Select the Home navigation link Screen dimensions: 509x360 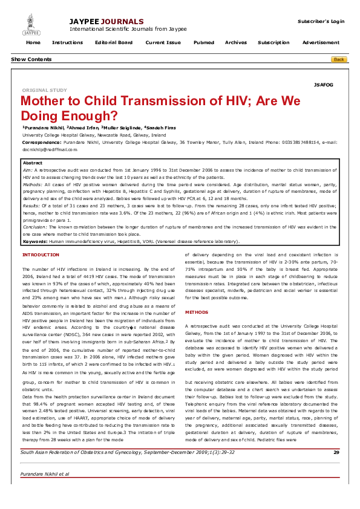33,43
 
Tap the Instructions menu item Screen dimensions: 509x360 67,43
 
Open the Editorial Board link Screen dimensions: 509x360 114,43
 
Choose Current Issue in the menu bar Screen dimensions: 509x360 163,43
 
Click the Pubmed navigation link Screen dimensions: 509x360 203,43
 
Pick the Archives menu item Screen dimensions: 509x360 235,43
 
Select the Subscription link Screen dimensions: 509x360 273,43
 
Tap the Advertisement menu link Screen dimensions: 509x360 321,43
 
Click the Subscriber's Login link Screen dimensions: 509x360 321,21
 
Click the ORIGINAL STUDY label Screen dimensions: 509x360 45,90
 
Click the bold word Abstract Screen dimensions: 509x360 32,163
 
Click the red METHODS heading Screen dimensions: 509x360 197,312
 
